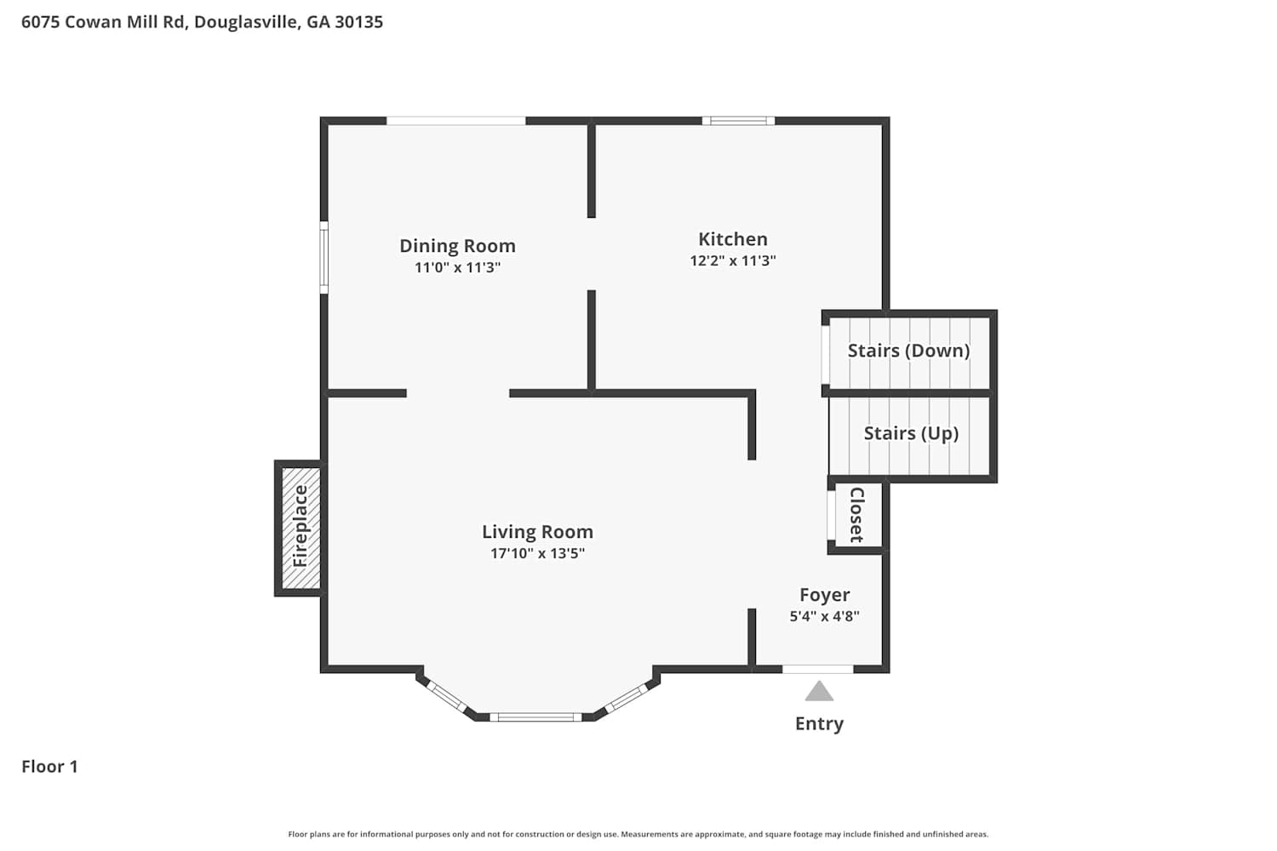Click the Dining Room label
(457, 246)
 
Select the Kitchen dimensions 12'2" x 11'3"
(732, 260)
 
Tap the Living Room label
(537, 532)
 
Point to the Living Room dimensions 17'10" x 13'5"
(537, 553)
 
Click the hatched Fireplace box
(301, 528)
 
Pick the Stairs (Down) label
(908, 351)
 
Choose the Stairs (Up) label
(911, 433)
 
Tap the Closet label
(856, 515)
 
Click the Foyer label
(824, 595)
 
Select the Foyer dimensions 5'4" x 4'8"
(824, 615)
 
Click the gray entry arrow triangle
(819, 693)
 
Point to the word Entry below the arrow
(819, 724)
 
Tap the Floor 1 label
(49, 766)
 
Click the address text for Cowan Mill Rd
(202, 21)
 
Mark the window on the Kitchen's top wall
(738, 120)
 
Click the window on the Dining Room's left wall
(324, 258)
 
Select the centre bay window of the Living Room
(535, 717)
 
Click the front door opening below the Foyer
(817, 669)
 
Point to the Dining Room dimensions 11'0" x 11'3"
(457, 267)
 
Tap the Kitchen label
(732, 239)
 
